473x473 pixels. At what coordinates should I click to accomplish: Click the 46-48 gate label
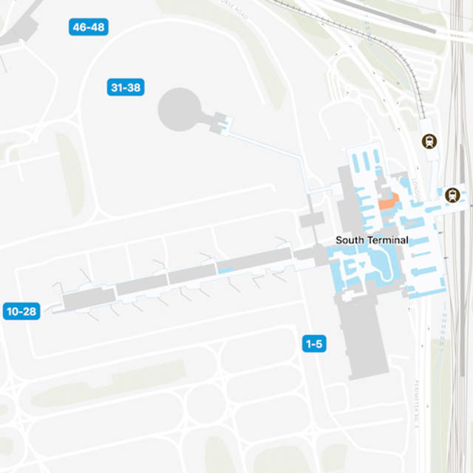pyautogui.click(x=88, y=27)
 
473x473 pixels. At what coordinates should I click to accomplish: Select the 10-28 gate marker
pyautogui.click(x=21, y=311)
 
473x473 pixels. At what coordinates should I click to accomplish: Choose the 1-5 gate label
pyautogui.click(x=314, y=344)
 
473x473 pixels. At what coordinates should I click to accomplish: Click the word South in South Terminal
pyautogui.click(x=350, y=240)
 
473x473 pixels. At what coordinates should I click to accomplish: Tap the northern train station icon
pyautogui.click(x=428, y=141)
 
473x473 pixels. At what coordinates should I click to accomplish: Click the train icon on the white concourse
pyautogui.click(x=452, y=195)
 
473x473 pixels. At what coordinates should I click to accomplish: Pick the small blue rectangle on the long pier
pyautogui.click(x=225, y=270)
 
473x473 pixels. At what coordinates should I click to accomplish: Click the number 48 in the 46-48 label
pyautogui.click(x=98, y=27)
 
